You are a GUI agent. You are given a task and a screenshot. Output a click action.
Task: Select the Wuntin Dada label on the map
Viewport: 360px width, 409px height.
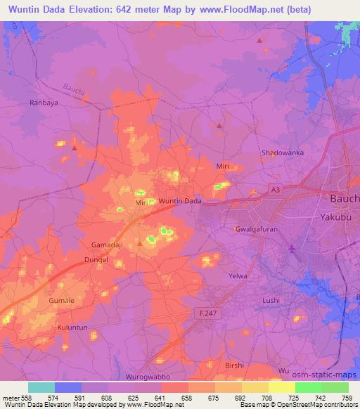coord(181,201)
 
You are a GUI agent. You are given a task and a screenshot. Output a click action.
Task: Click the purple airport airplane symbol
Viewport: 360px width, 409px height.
coord(292,249)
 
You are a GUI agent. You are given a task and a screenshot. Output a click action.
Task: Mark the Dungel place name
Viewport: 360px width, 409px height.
coord(96,260)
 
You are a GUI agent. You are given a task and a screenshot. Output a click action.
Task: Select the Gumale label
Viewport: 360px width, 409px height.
coord(61,300)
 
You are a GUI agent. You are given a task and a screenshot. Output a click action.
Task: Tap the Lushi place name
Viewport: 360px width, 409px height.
coord(271,300)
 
